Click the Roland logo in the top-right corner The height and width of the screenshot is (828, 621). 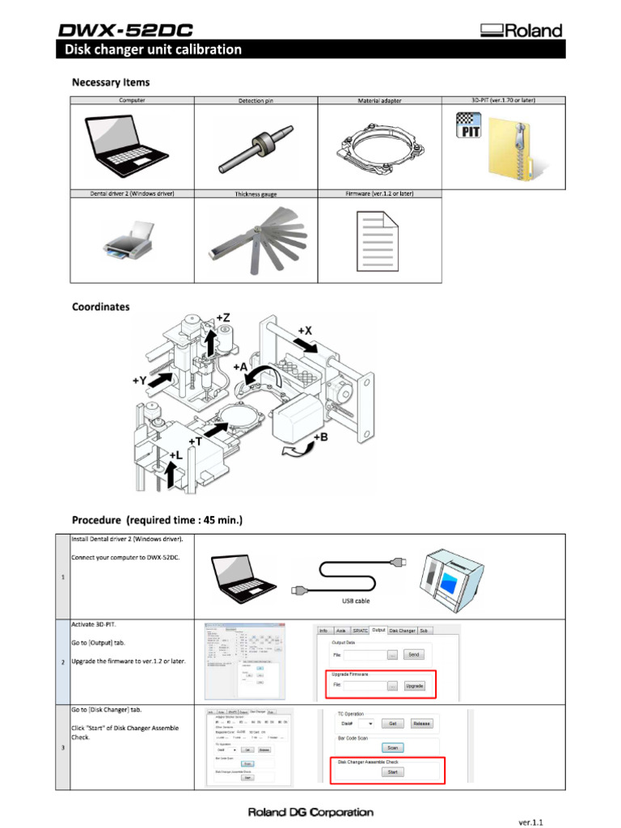[x=522, y=32]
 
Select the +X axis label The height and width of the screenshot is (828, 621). [x=305, y=331]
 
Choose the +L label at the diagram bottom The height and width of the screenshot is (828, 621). [x=175, y=455]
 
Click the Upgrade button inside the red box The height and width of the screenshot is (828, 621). [x=414, y=685]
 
